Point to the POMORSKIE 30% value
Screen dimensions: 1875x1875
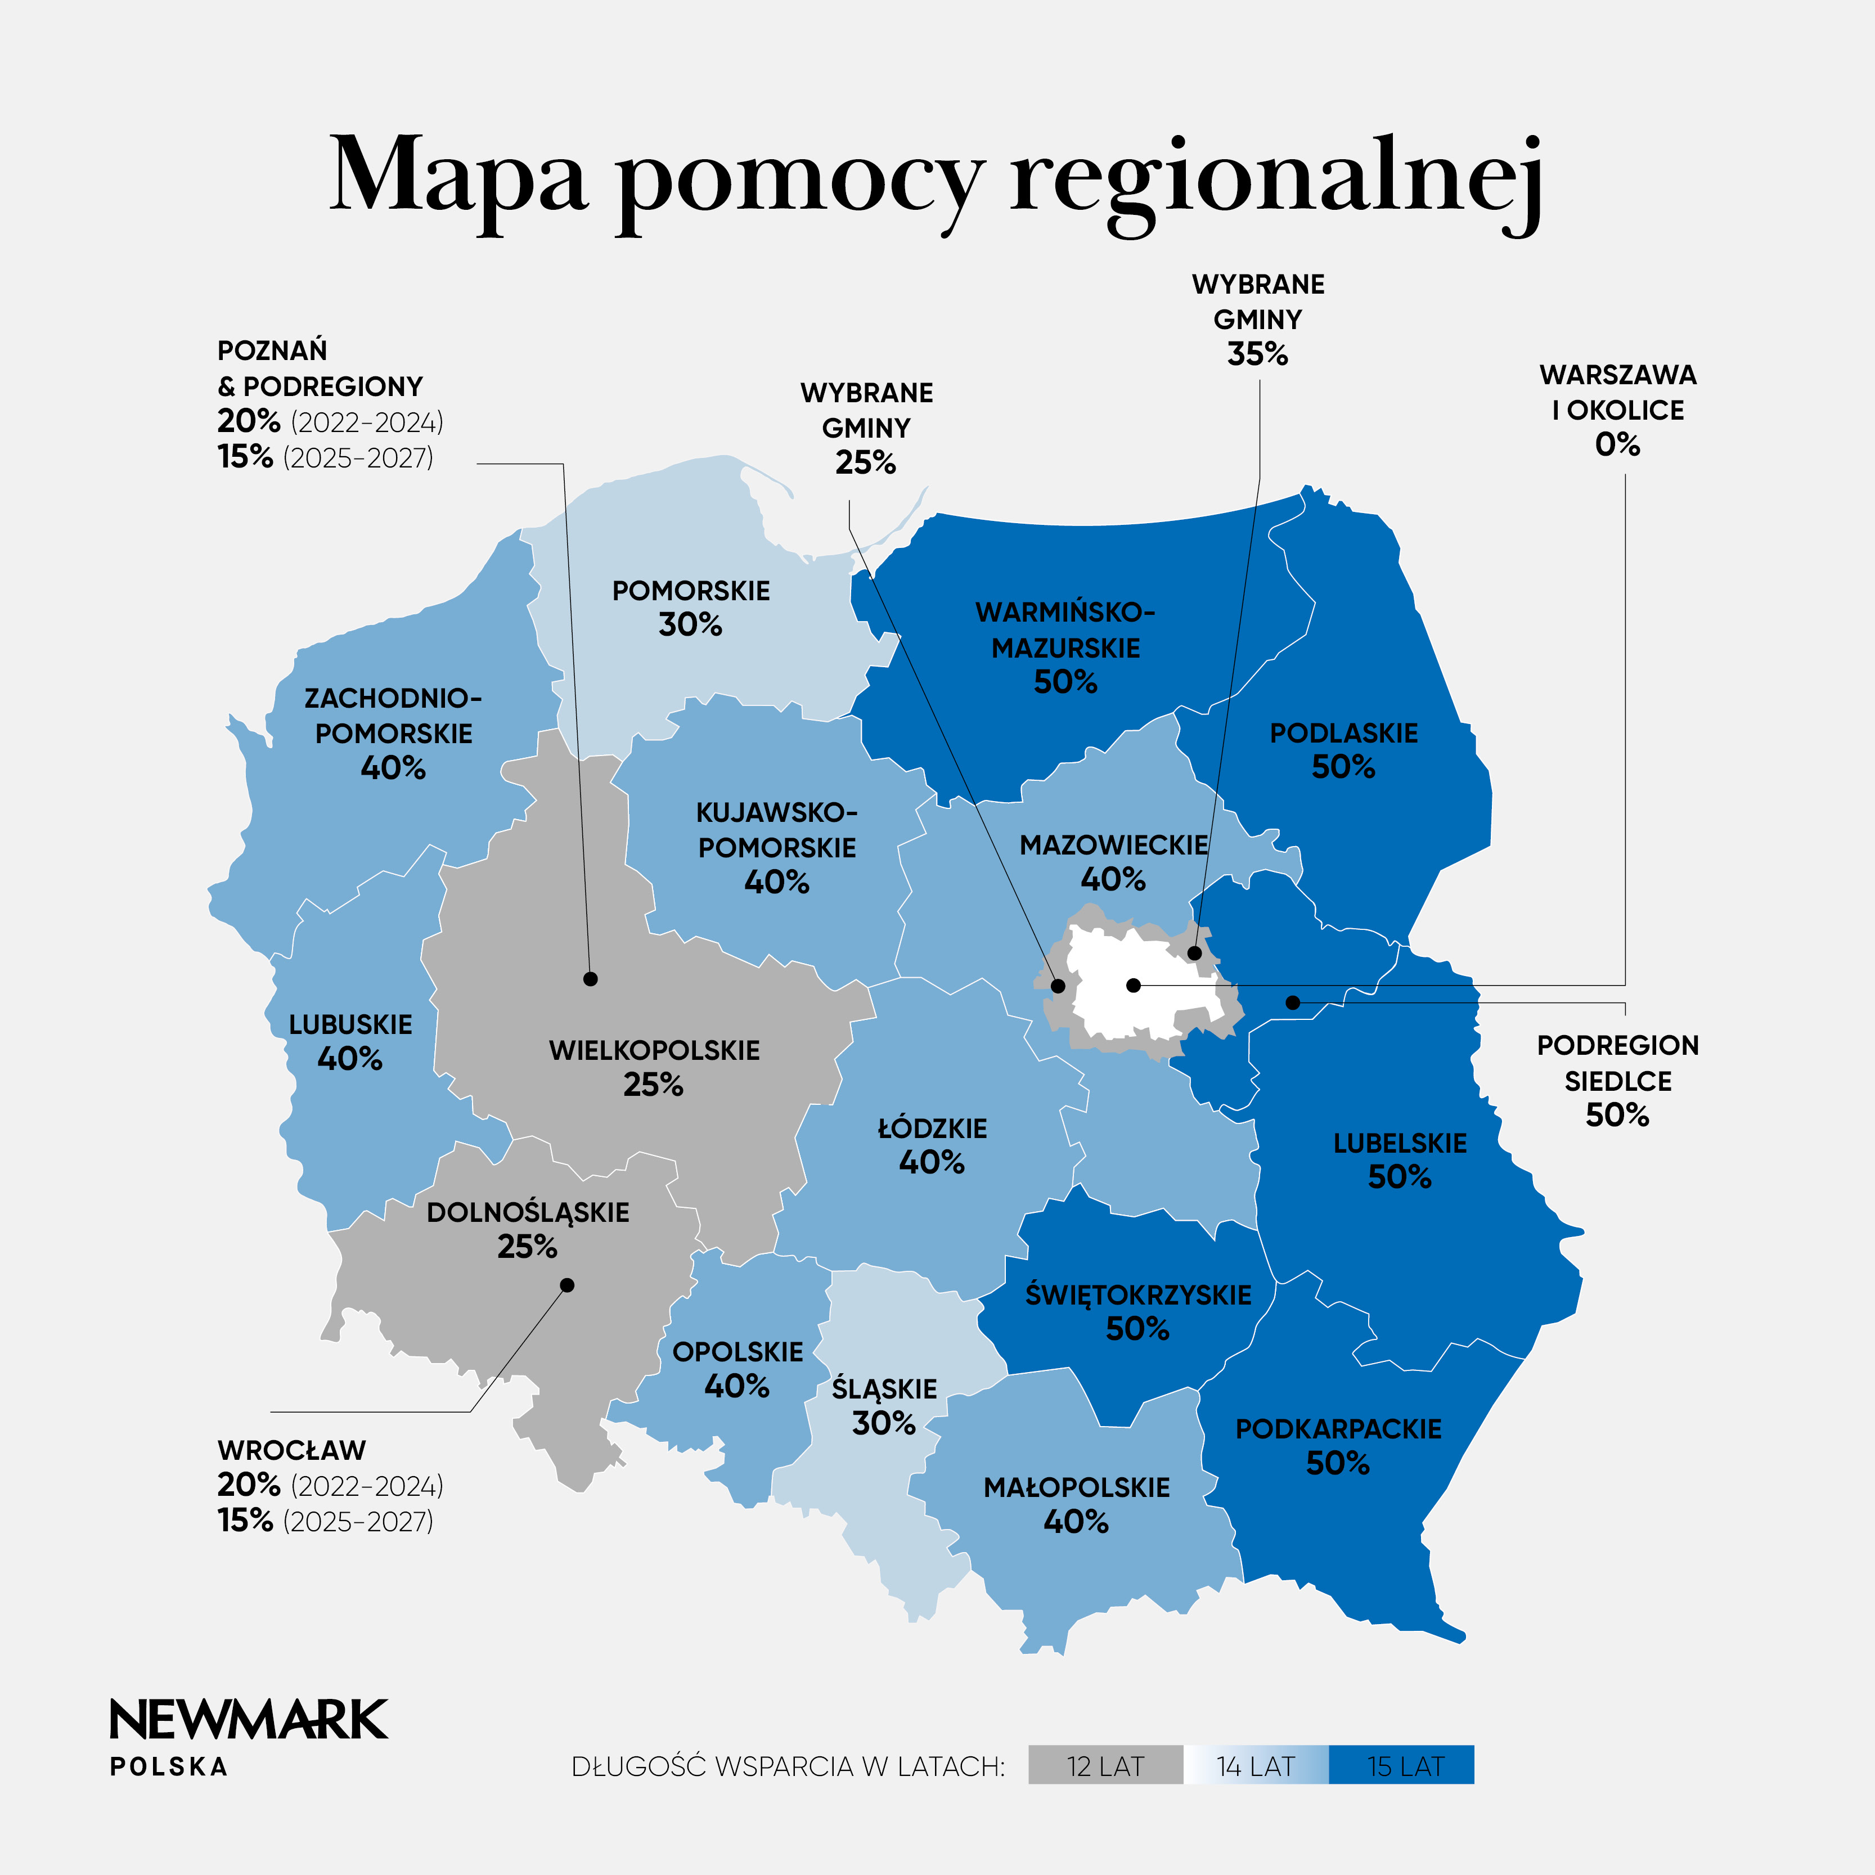(690, 625)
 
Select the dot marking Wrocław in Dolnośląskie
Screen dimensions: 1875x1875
(568, 1285)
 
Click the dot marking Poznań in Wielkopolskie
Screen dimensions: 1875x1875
(590, 979)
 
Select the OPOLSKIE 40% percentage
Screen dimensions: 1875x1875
(736, 1386)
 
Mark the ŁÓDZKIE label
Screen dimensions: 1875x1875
(932, 1128)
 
